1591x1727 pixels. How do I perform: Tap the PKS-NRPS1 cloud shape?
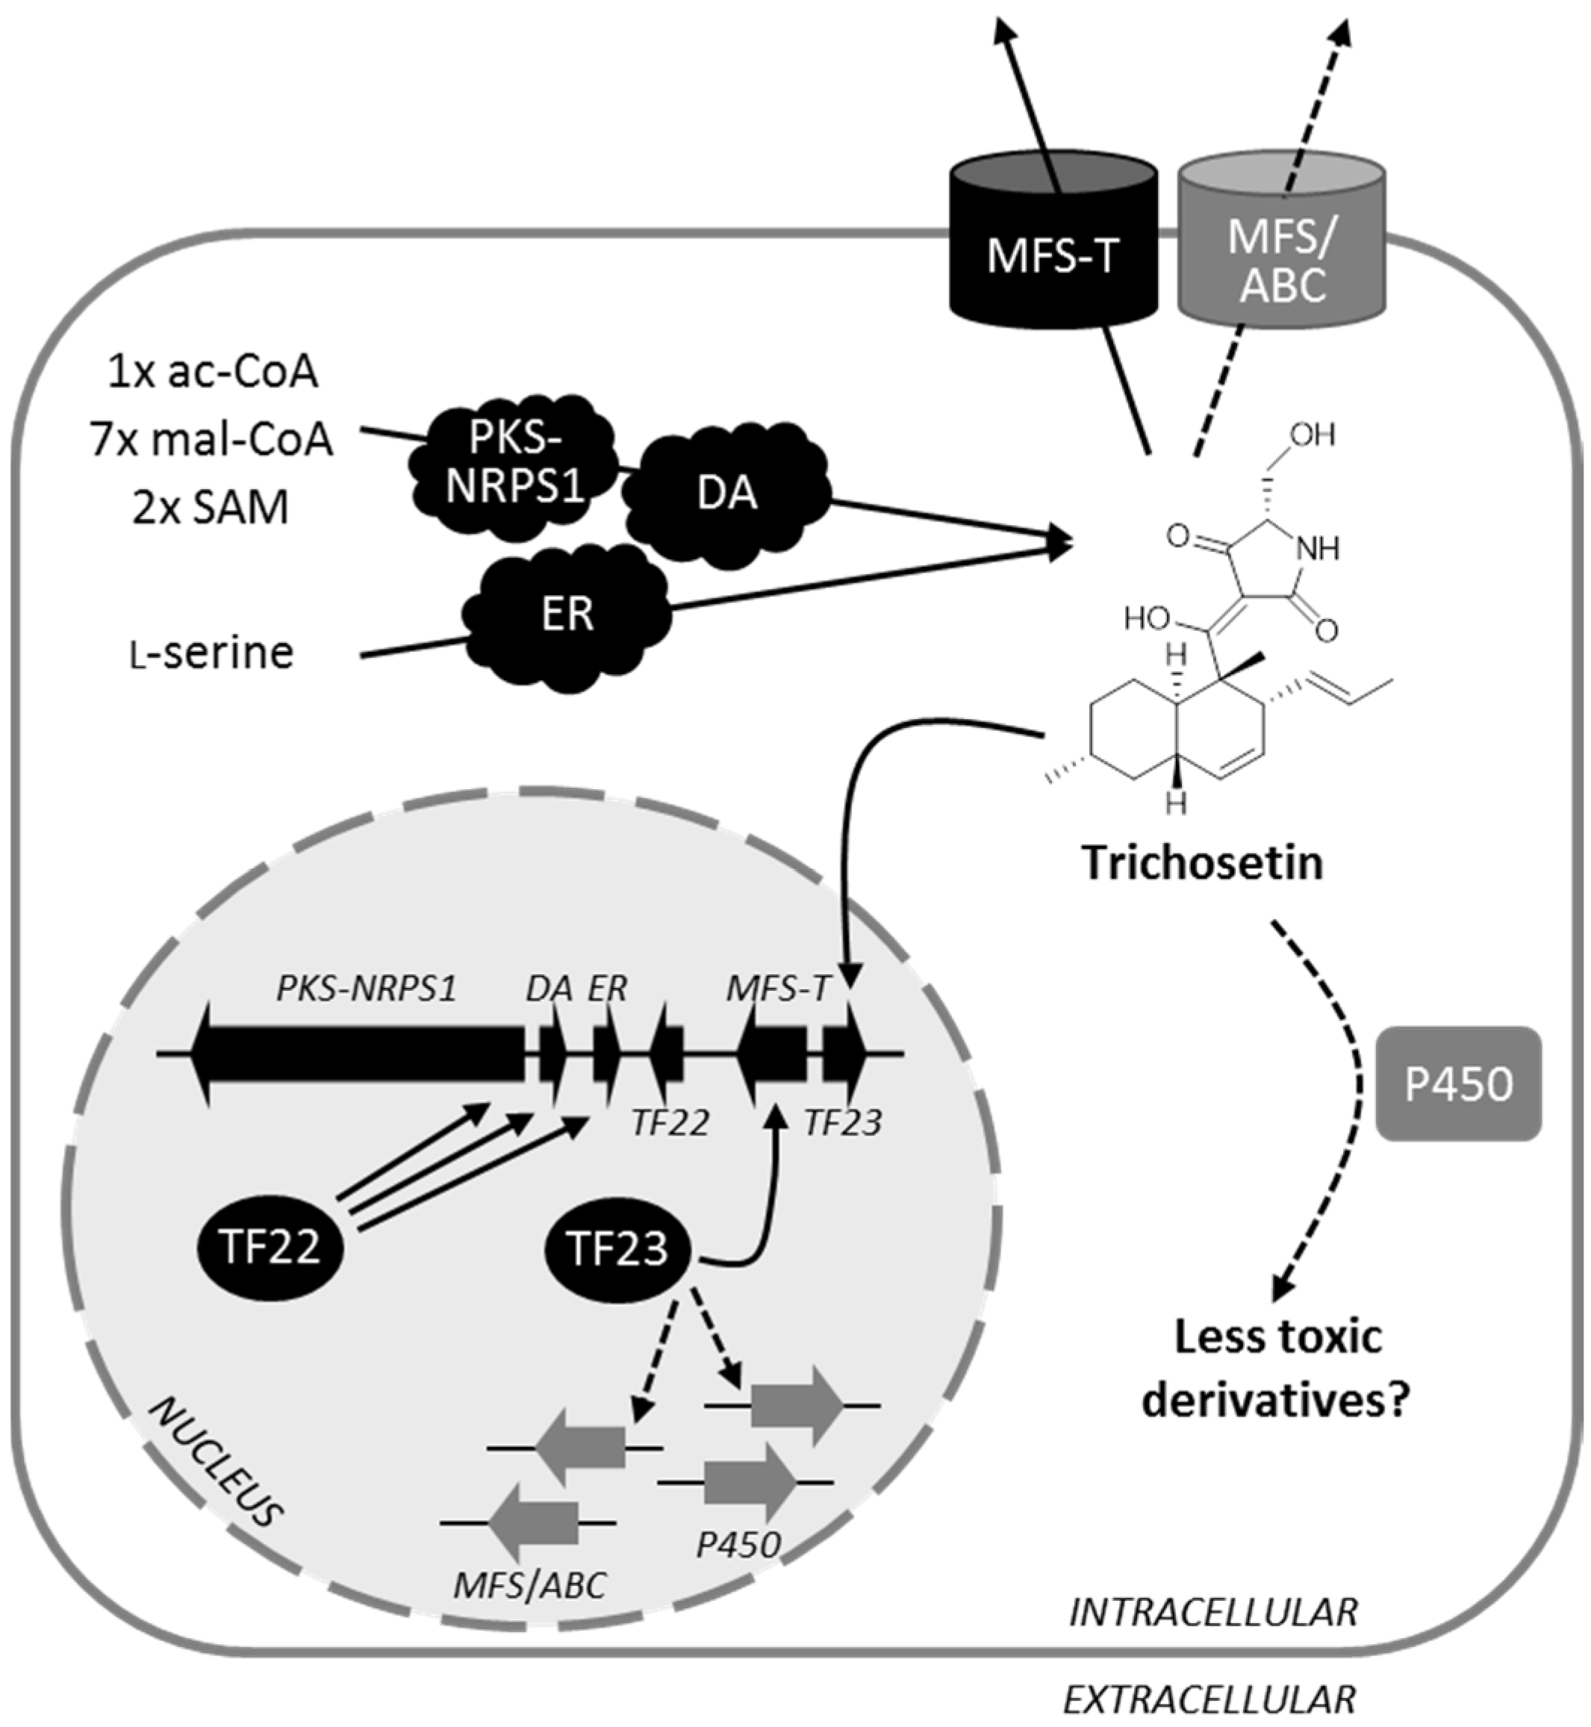coord(514,463)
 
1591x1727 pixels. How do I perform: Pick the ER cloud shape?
coord(567,614)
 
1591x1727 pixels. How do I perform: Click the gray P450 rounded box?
coord(1458,1084)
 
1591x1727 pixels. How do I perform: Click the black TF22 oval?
coord(270,1245)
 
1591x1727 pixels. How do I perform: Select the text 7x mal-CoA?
coord(211,440)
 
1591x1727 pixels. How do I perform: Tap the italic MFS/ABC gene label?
coord(529,1584)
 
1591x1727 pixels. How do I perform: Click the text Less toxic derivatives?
coord(1277,1369)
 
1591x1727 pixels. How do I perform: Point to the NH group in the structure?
coord(1318,548)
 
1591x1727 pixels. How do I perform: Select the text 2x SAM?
coord(211,507)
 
